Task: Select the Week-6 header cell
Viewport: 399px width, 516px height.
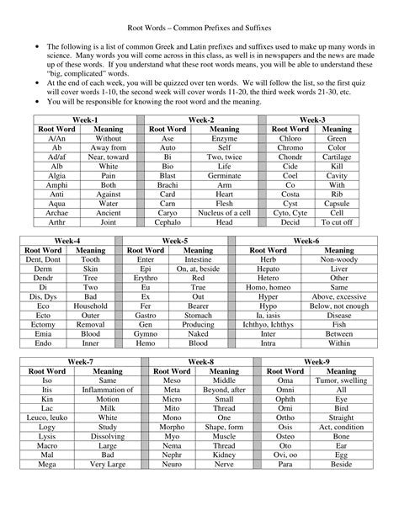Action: [x=306, y=241]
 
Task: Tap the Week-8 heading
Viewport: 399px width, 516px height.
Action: [x=199, y=360]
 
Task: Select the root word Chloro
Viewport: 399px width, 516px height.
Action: [x=289, y=137]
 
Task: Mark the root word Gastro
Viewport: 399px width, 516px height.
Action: [x=146, y=316]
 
